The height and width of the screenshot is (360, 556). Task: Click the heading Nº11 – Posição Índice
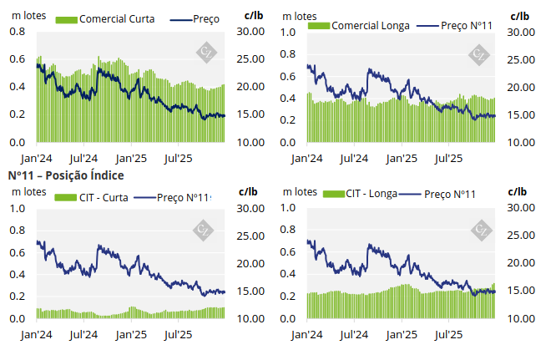click(x=66, y=175)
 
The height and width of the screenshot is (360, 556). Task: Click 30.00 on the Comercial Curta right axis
click(x=251, y=32)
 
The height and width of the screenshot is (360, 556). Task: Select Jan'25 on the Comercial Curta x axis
click(x=131, y=157)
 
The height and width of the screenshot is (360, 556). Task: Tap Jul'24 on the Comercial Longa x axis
click(x=356, y=157)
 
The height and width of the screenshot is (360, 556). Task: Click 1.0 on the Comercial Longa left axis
click(x=288, y=32)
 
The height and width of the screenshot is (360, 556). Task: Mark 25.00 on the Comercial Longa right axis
click(x=521, y=59)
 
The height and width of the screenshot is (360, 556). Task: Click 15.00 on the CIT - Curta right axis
click(x=251, y=292)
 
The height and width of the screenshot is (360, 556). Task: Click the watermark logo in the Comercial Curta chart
click(x=205, y=53)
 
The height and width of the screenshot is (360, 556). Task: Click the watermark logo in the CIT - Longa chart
click(x=481, y=230)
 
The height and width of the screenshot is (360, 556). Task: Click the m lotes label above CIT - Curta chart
click(x=28, y=191)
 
